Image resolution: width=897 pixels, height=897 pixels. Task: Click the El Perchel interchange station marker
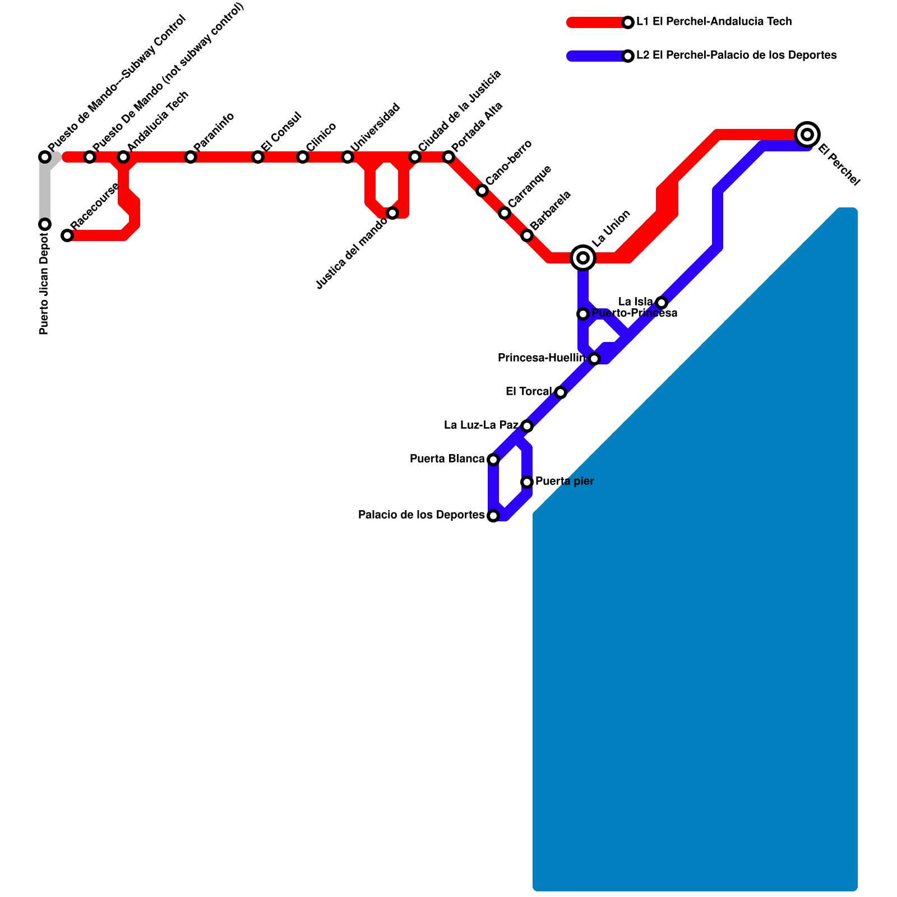[807, 135]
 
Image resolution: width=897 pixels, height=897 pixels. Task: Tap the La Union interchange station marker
[583, 258]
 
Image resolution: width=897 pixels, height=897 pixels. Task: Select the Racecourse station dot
[67, 235]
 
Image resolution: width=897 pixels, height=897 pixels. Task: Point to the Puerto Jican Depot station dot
[45, 224]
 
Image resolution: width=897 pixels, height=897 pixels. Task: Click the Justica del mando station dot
[392, 213]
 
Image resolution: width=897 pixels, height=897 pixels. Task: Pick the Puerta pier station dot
[527, 482]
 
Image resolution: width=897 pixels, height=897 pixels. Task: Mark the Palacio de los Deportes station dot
[493, 516]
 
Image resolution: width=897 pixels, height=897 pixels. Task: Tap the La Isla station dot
[662, 303]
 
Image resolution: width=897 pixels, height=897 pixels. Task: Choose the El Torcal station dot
[561, 392]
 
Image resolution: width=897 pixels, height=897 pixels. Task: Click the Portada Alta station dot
[449, 157]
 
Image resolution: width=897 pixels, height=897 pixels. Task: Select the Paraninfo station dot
[191, 157]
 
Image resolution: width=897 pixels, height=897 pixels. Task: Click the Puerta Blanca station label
[447, 459]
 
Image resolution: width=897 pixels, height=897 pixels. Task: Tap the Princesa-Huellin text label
[541, 358]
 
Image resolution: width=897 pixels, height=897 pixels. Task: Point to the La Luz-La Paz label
[481, 426]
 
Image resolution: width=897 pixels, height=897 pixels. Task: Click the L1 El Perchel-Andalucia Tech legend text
[714, 22]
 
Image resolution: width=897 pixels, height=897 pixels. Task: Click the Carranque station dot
[505, 213]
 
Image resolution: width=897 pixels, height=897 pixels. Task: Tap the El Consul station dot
[258, 157]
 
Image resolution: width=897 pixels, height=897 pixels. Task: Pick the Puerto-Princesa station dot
[583, 314]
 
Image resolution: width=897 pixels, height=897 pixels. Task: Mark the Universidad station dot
[348, 157]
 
